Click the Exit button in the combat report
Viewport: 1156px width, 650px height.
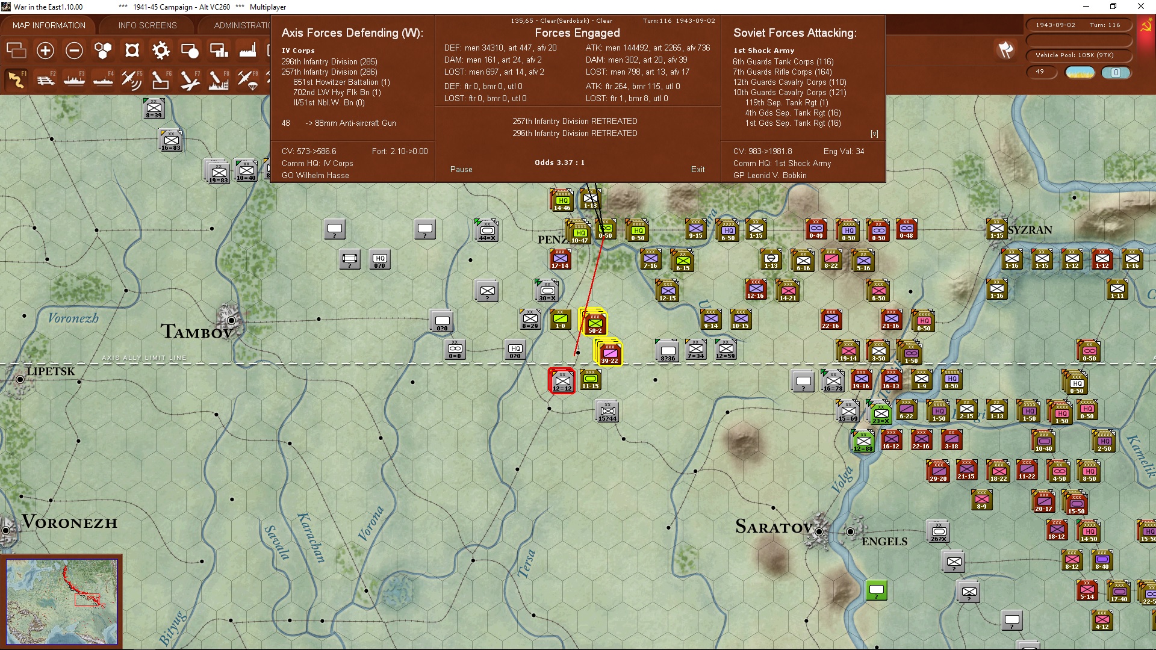(697, 170)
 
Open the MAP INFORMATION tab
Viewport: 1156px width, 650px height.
(49, 25)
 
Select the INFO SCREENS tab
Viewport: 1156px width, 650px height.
(148, 25)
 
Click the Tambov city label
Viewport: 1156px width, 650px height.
(196, 332)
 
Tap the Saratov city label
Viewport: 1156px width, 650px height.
(774, 527)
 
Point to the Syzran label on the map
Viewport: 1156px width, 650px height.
(1030, 230)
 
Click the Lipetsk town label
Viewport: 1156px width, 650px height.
(51, 371)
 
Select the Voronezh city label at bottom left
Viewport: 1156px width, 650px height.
(69, 522)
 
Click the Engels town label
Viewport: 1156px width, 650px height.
(884, 542)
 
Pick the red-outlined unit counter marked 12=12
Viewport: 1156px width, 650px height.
(562, 380)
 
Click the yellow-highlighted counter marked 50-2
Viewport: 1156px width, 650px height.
(595, 323)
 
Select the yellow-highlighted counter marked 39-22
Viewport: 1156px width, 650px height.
(609, 353)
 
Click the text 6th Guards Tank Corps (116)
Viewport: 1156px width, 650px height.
(783, 61)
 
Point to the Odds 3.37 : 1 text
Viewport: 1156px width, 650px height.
(559, 162)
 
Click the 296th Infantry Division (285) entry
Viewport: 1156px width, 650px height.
(329, 61)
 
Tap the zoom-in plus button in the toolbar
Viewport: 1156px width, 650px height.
(45, 51)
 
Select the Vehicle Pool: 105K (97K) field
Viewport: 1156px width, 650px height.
(1075, 55)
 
